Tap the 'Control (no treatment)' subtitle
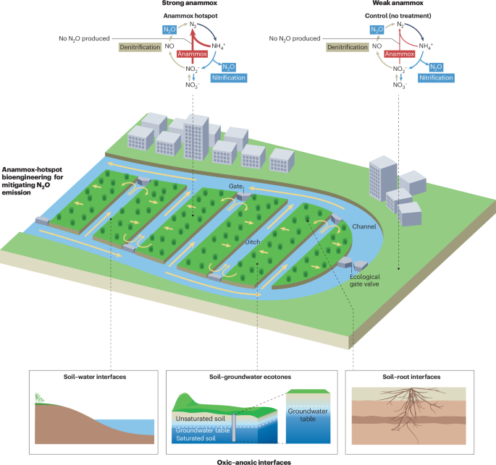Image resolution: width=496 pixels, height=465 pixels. coord(399,16)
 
